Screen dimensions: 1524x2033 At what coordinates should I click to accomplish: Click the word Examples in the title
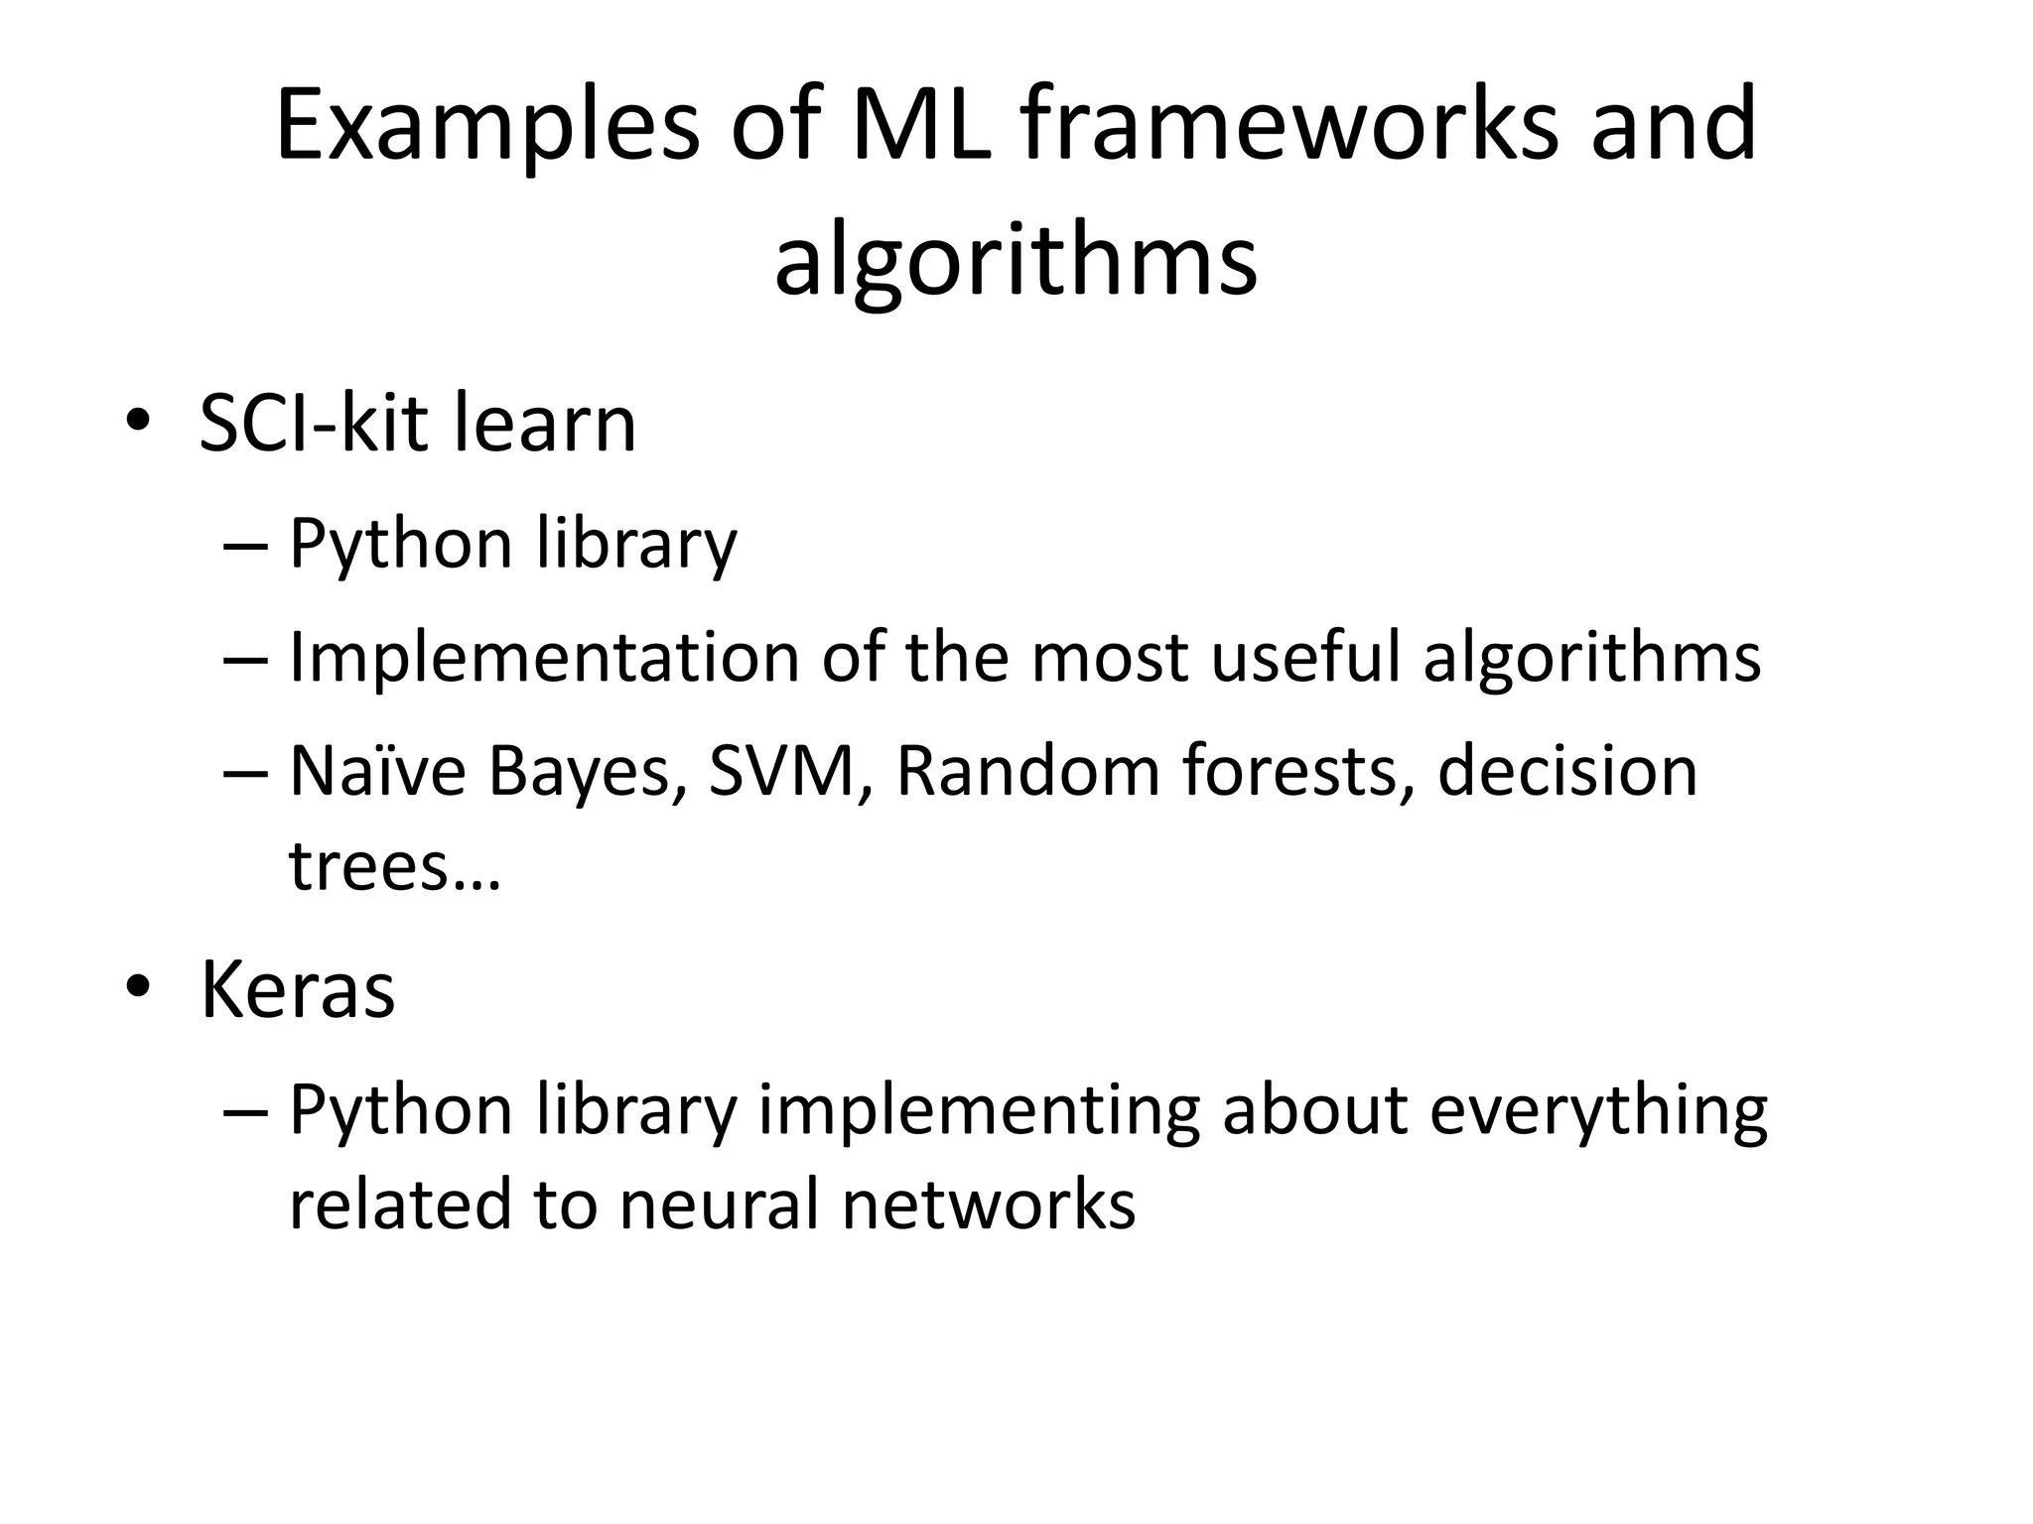click(x=486, y=127)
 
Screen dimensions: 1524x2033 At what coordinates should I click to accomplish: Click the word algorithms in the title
click(x=1016, y=260)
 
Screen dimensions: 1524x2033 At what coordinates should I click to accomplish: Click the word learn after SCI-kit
click(x=544, y=423)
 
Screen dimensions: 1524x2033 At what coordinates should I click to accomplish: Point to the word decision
click(x=1567, y=771)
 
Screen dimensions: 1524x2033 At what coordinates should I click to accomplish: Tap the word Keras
click(x=298, y=989)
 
